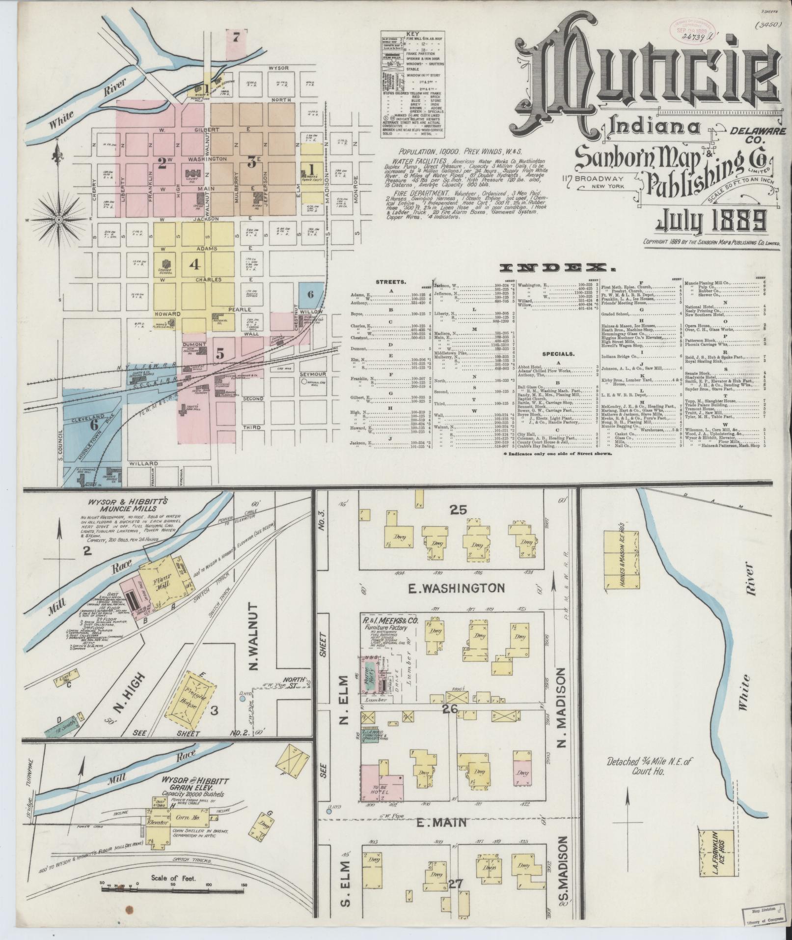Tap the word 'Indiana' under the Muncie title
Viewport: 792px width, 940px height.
(x=654, y=127)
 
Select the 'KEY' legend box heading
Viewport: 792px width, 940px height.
(x=412, y=34)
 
